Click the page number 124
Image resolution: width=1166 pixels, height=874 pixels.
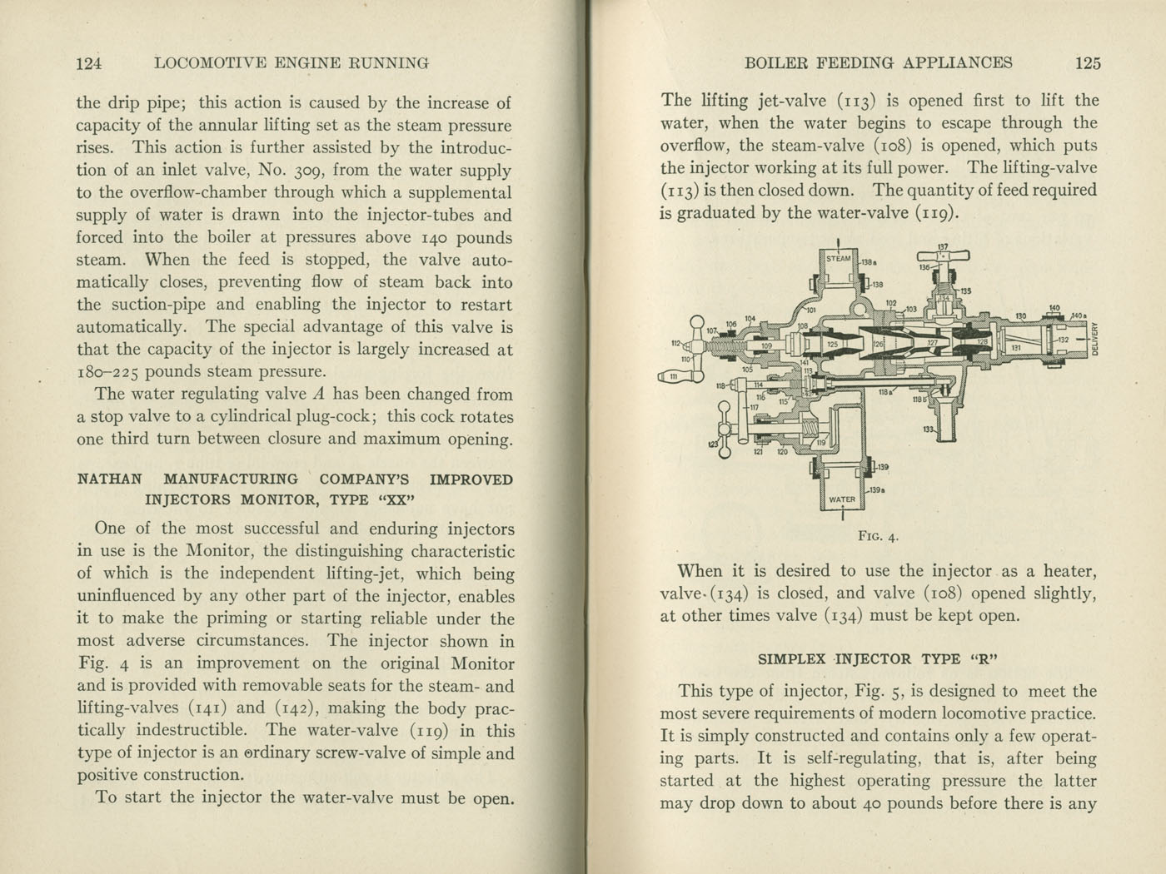click(x=88, y=63)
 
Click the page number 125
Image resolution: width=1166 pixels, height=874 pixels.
click(x=1088, y=62)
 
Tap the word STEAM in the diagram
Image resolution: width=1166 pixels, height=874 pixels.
click(x=839, y=258)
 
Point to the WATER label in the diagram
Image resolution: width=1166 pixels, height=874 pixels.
click(x=842, y=499)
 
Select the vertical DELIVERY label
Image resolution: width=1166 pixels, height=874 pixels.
click(x=1095, y=338)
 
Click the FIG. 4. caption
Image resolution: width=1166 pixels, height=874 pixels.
click(x=878, y=537)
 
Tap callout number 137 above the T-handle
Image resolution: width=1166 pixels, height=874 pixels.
click(x=943, y=246)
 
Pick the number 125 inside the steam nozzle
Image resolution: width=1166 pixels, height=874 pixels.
click(x=832, y=344)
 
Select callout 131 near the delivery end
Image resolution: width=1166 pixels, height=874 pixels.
click(x=1015, y=348)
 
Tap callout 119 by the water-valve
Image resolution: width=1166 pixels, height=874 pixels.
click(x=820, y=443)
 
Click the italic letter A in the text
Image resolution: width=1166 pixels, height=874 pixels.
click(x=317, y=395)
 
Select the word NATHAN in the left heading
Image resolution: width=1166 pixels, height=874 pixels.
click(x=109, y=479)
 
